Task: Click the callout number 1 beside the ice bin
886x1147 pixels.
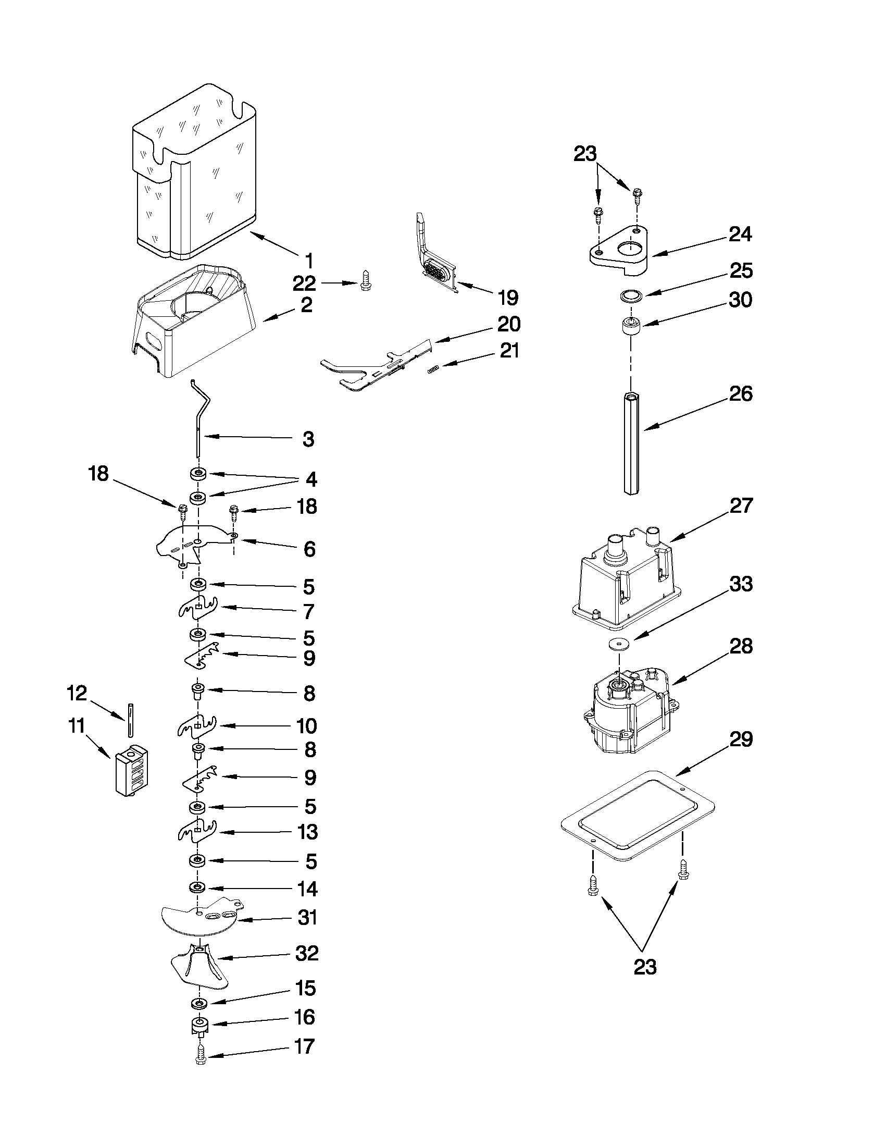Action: tap(309, 261)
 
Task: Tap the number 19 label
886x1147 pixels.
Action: tap(507, 298)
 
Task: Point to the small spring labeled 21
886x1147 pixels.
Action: tap(433, 369)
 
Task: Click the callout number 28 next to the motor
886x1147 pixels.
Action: tap(741, 647)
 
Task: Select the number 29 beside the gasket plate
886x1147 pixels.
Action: tap(741, 739)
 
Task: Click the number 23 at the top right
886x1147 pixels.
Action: tap(585, 154)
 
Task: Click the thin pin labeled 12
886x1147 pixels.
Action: tap(129, 720)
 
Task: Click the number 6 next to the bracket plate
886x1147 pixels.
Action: tap(309, 549)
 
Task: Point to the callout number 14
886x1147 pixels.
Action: tap(307, 889)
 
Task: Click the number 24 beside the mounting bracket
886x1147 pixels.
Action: tap(740, 234)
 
